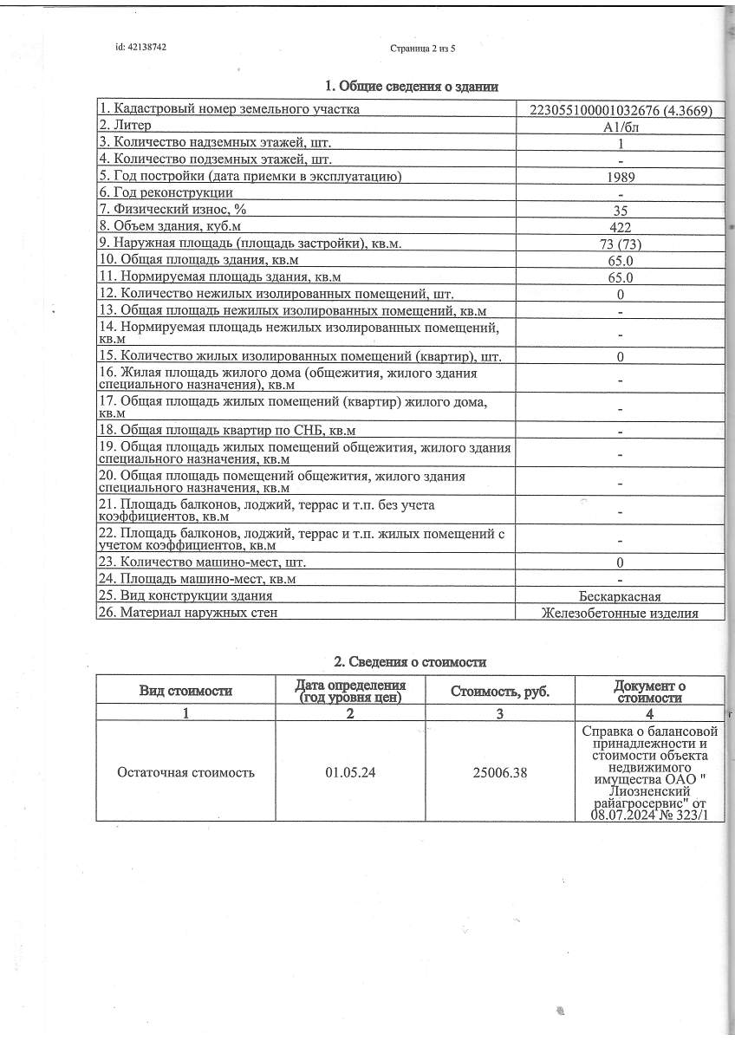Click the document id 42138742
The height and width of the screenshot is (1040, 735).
140,48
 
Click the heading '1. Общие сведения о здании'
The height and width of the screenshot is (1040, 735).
411,86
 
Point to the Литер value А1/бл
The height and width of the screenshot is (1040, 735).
621,127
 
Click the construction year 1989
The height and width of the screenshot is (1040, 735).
621,177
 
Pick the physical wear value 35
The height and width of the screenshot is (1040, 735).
621,211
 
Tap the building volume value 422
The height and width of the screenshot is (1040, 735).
621,227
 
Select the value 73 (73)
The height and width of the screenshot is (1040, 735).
621,244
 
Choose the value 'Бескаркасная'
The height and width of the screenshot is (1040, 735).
621,596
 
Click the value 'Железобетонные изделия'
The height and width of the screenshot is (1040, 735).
621,613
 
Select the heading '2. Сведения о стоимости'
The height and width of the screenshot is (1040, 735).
411,662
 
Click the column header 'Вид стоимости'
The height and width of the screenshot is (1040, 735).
185,691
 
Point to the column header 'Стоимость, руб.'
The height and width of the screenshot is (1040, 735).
500,691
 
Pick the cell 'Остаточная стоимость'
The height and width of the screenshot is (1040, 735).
185,772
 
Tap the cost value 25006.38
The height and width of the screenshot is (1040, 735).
500,772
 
